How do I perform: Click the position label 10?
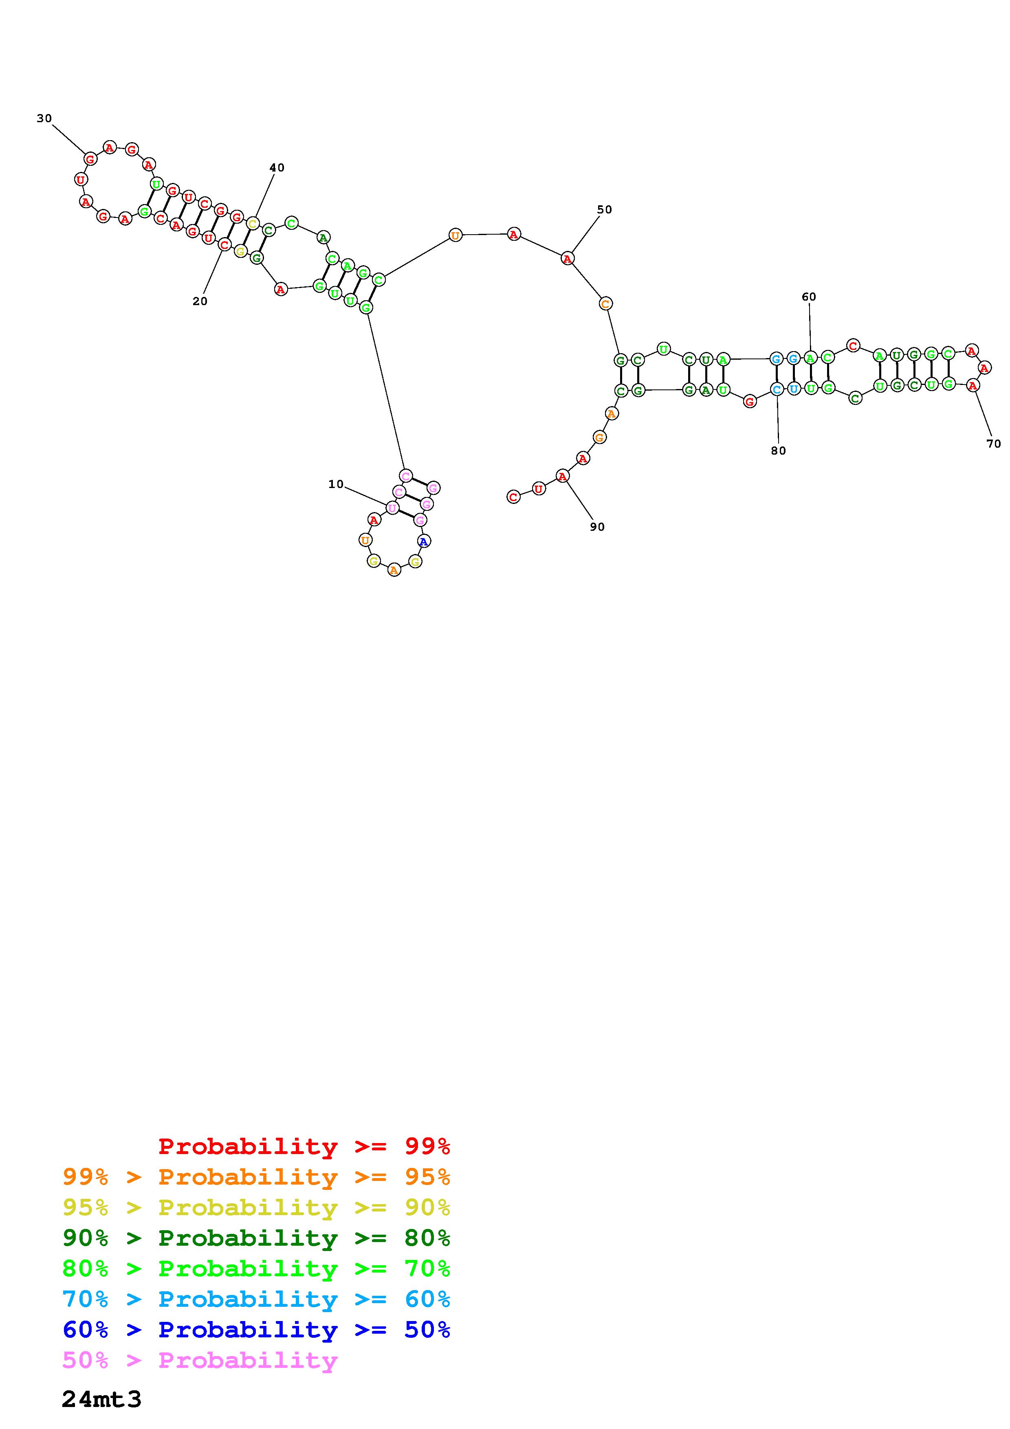click(x=336, y=484)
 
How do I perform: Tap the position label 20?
click(x=200, y=301)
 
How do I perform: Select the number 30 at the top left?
click(x=44, y=118)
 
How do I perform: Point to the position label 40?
click(x=277, y=167)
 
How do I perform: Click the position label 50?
click(x=605, y=210)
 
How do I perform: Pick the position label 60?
click(x=809, y=297)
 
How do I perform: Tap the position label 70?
click(x=994, y=444)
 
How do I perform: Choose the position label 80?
click(x=779, y=451)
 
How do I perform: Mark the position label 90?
click(x=597, y=527)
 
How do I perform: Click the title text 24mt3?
click(x=102, y=1399)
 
